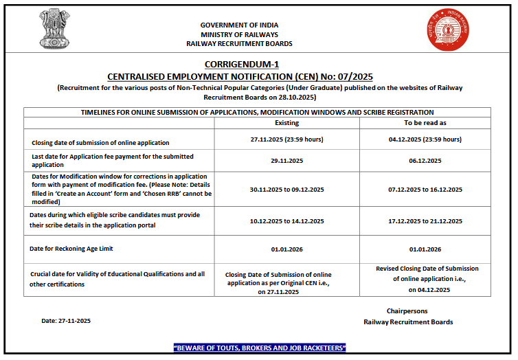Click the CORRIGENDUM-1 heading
coord(240,64)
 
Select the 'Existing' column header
coord(286,122)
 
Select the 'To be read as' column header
coord(425,122)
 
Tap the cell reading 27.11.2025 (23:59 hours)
coord(286,139)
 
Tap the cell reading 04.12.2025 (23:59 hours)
coord(425,139)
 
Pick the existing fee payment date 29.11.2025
coord(286,160)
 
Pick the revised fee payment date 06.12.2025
coord(425,160)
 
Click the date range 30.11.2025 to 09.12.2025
coord(286,190)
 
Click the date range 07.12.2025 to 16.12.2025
coord(425,190)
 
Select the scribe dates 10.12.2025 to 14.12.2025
coord(286,221)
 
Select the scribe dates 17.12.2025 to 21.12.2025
coord(425,221)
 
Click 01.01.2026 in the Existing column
coord(286,249)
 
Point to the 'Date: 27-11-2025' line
coord(66,321)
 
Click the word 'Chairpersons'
coord(408,311)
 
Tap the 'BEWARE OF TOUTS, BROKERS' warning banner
coord(260,348)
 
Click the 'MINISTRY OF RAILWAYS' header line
coord(239,34)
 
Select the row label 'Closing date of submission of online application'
coord(100,143)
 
